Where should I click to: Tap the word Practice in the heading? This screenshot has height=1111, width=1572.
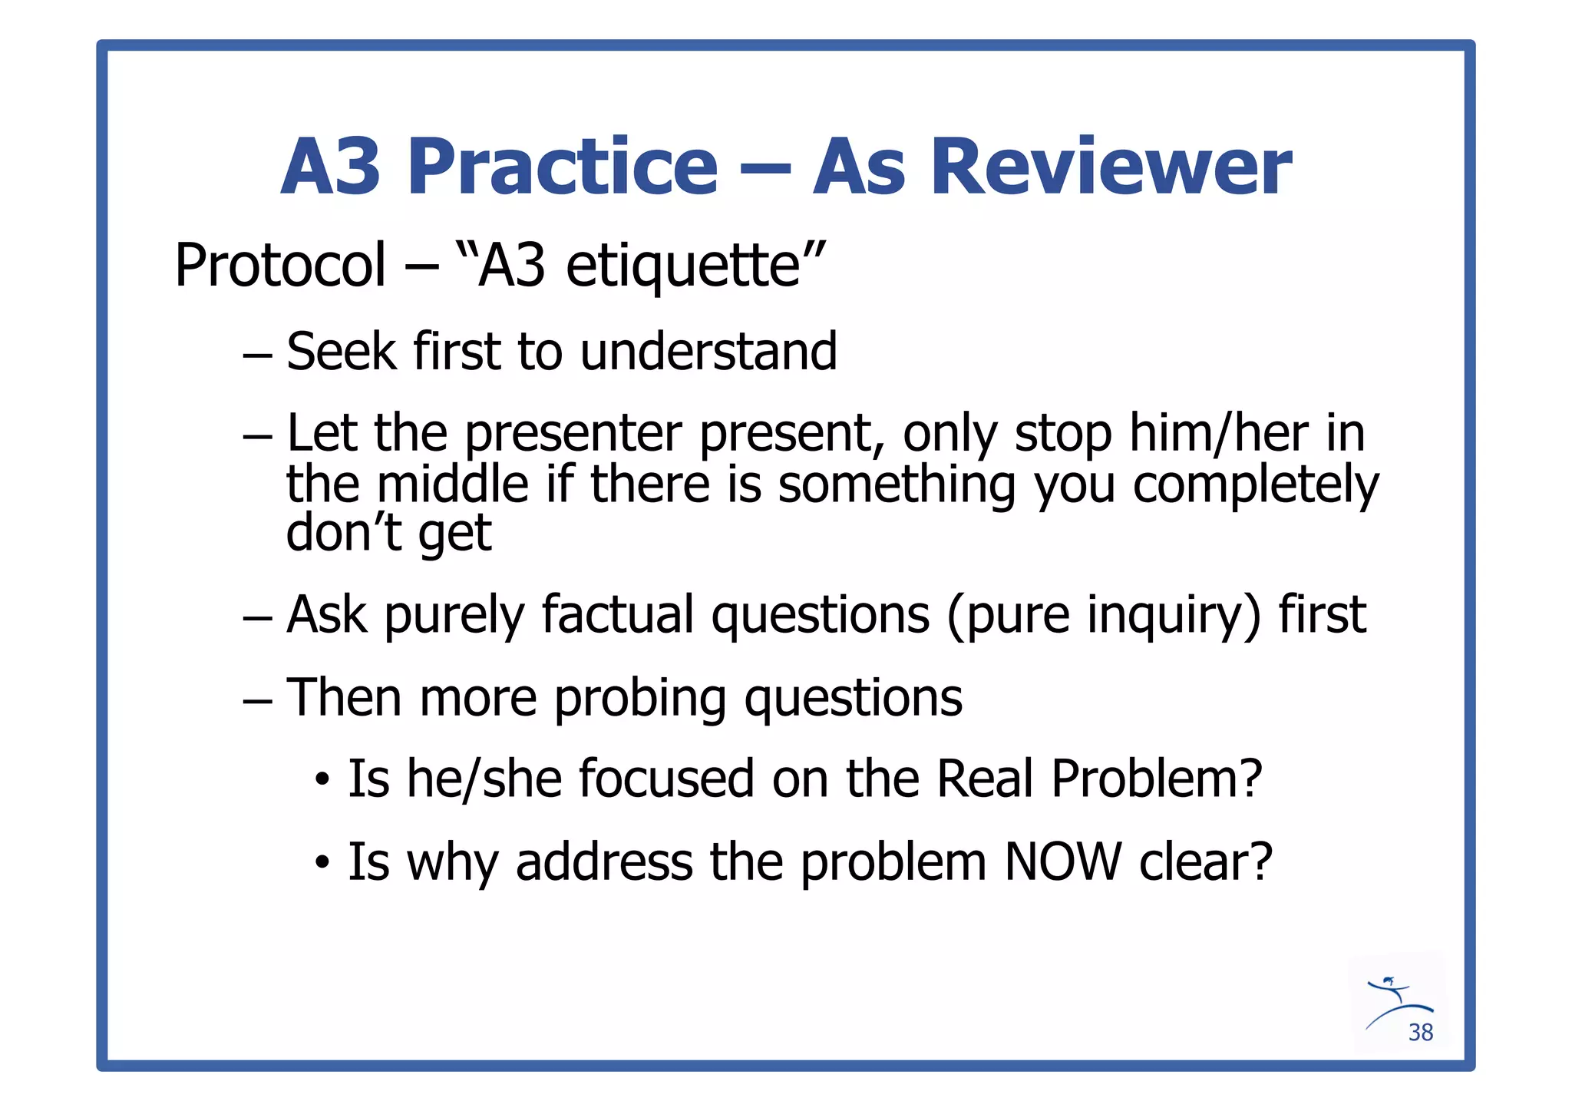563,167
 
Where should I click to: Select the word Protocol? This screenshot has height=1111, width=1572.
280,266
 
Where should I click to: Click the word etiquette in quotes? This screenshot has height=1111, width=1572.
683,266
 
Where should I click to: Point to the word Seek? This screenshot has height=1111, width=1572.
342,352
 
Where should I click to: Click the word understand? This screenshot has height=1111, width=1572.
708,352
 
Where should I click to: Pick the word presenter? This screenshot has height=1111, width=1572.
573,434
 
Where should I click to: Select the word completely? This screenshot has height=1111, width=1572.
1256,485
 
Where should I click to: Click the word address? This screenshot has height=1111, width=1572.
603,861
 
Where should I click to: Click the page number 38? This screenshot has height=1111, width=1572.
1421,1033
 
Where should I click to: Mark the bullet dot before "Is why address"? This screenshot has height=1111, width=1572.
322,864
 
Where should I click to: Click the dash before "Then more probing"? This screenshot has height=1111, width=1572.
257,700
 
